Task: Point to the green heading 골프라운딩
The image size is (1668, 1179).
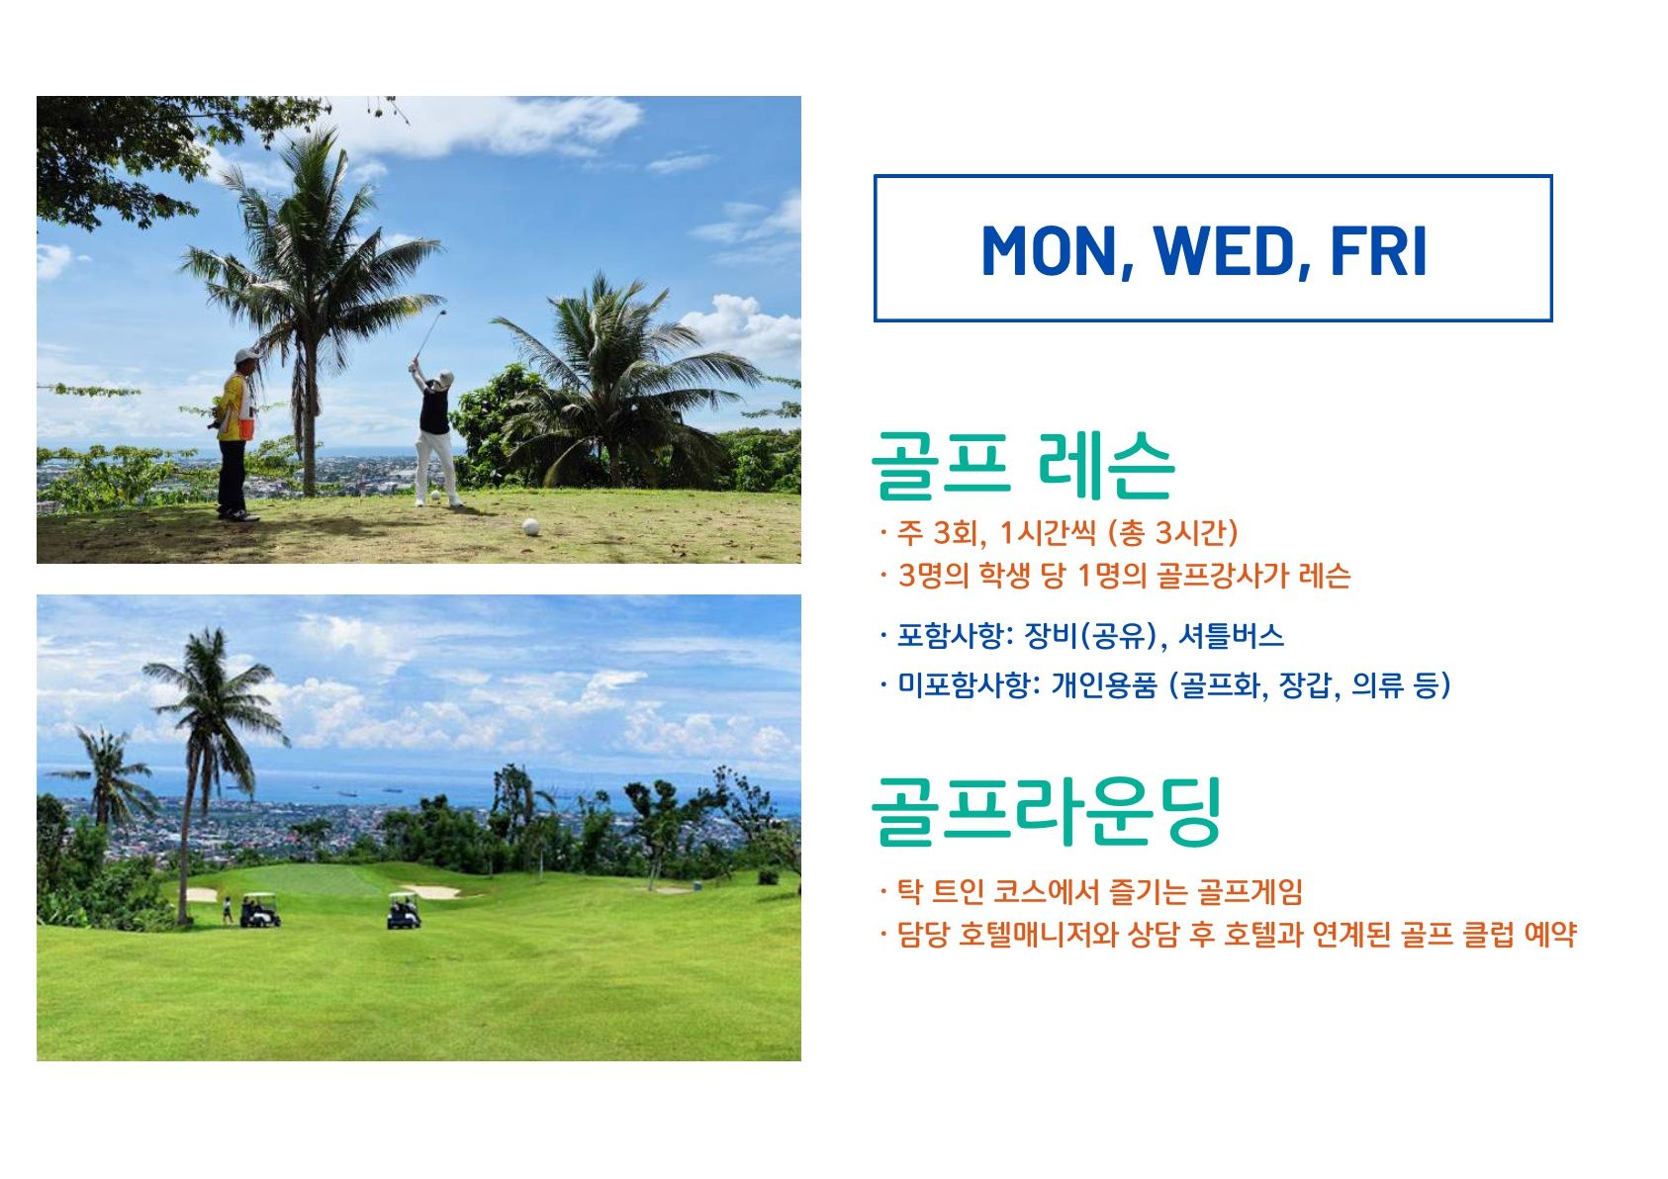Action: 1047,812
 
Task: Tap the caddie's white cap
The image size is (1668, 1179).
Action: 245,356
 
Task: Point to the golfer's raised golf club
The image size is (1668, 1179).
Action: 429,335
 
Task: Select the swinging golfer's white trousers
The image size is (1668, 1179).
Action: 436,465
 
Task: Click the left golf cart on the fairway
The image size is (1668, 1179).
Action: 259,910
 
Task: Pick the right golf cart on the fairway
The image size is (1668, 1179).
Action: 404,911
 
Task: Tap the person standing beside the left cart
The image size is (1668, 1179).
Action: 228,910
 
